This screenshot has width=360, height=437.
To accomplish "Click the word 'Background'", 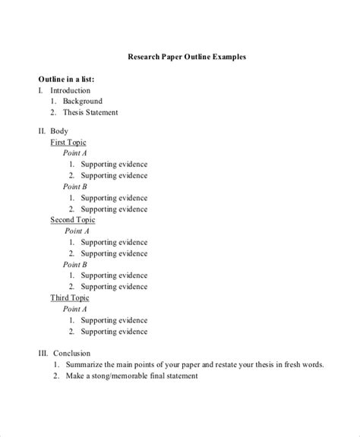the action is [83, 101].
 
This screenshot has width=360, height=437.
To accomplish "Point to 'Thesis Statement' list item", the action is [90, 112].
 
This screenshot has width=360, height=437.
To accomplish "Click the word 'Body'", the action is [60, 131].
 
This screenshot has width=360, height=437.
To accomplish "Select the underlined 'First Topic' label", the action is [68, 142].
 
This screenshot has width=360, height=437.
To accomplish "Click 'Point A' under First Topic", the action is [75, 153].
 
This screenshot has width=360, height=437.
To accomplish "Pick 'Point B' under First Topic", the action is [75, 187].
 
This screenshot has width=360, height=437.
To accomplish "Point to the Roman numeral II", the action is [42, 131].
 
